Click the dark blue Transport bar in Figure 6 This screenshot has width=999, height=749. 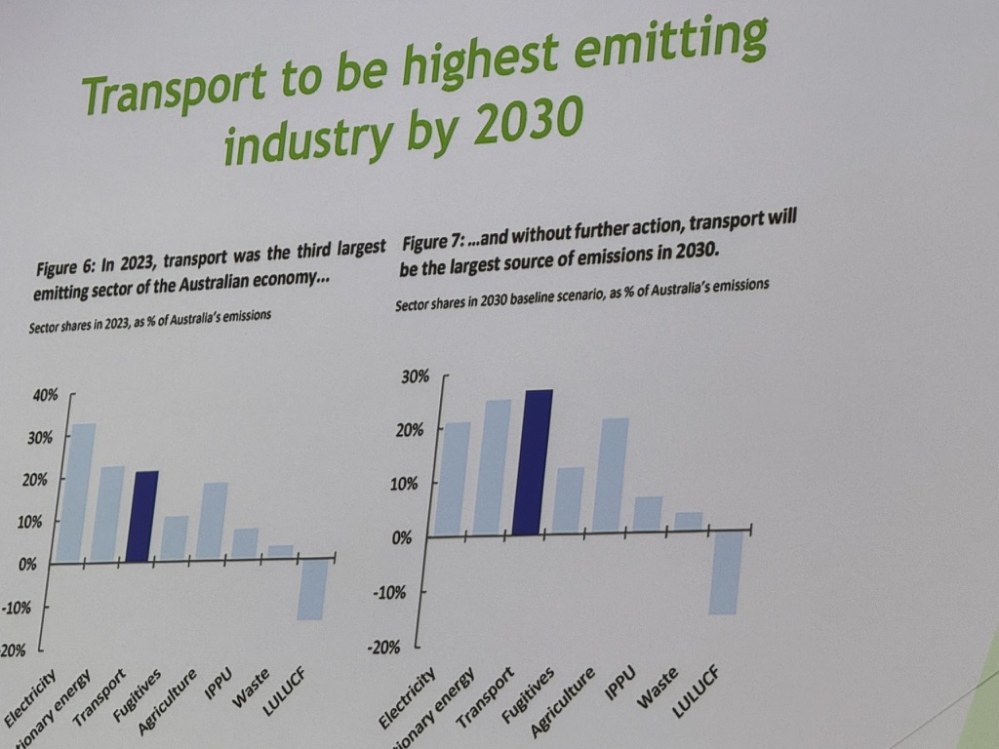(x=141, y=517)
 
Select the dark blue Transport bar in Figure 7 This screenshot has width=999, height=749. (x=532, y=462)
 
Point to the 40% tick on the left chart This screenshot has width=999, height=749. (x=46, y=395)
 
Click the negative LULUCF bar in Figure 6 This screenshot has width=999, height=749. (x=312, y=590)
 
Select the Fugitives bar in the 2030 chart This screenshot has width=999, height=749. (x=568, y=499)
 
